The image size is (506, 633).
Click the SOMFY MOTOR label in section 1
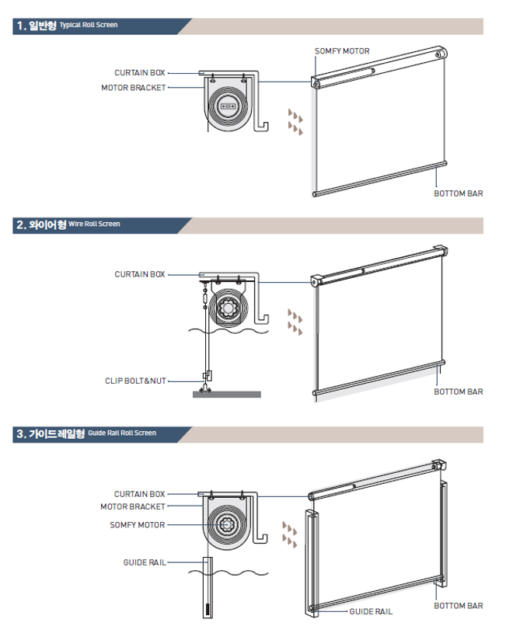click(x=342, y=51)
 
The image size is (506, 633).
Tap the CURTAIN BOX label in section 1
click(x=140, y=73)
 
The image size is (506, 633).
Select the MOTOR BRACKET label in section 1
click(x=134, y=88)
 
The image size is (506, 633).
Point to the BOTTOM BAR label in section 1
click(x=459, y=193)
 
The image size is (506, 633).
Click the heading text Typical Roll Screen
click(x=89, y=25)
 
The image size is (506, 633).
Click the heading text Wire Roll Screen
click(x=94, y=224)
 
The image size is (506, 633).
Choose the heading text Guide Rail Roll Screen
click(x=122, y=433)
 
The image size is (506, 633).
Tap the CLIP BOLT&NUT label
click(x=135, y=381)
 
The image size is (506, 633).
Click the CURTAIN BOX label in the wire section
click(x=140, y=274)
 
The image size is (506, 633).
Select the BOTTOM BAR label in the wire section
click(x=459, y=391)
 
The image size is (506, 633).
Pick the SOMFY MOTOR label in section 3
click(x=138, y=525)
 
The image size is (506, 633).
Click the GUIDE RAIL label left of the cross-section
click(x=145, y=562)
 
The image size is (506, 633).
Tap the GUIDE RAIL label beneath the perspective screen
click(x=371, y=611)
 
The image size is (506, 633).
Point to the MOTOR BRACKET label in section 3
click(x=133, y=506)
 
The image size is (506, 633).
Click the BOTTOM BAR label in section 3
click(x=459, y=606)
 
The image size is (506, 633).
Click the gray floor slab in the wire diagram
click(x=227, y=395)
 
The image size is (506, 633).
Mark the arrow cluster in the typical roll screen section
click(x=295, y=121)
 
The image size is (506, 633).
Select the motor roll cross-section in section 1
click(x=227, y=106)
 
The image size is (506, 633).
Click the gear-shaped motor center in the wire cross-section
click(x=229, y=309)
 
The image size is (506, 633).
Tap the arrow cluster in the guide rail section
click(x=289, y=534)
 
